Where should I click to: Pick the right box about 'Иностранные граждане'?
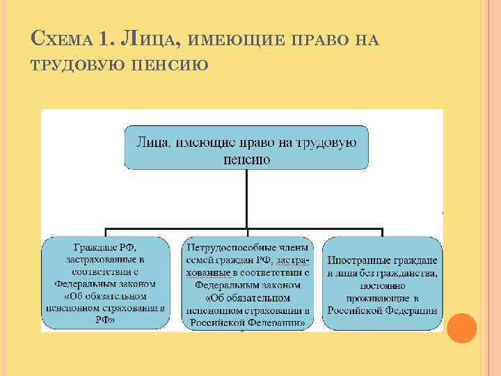[383, 283]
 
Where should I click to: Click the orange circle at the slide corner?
[461, 327]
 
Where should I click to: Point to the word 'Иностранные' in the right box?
[357, 260]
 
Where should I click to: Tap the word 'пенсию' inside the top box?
[247, 159]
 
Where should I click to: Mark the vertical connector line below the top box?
[247, 198]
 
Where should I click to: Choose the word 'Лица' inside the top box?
[149, 143]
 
